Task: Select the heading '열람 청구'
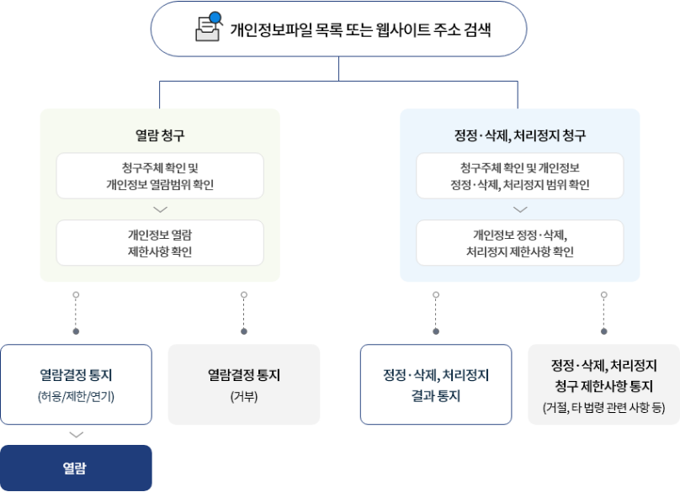tap(160, 135)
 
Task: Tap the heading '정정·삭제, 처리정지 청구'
tap(519, 135)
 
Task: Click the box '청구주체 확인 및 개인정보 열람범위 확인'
tap(160, 176)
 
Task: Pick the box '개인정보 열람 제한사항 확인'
tap(160, 243)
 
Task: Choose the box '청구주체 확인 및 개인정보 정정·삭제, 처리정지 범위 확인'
tap(519, 176)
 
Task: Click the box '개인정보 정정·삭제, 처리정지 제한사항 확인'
tap(519, 243)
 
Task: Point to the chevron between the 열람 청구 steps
tap(160, 209)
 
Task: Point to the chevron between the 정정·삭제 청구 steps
tap(519, 209)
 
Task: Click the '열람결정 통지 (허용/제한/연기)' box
tap(76, 384)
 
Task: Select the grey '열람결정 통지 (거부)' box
tap(244, 384)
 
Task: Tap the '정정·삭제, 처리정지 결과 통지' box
tap(436, 384)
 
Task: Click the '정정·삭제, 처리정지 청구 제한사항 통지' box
tap(603, 384)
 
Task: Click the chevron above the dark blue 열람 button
tap(76, 435)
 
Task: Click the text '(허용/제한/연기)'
tap(76, 394)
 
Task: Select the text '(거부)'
tap(244, 394)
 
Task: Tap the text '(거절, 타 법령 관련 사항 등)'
tap(603, 408)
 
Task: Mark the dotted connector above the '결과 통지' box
tap(436, 313)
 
